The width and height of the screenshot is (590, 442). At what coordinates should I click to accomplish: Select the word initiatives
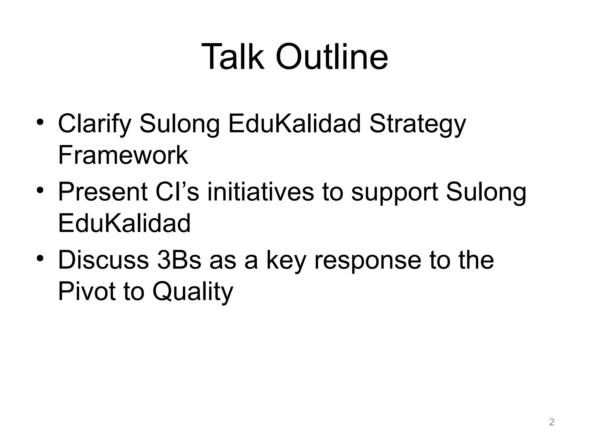[260, 192]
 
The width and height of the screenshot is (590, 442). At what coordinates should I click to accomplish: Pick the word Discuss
[103, 260]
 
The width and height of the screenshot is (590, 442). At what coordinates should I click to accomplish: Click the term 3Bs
[179, 260]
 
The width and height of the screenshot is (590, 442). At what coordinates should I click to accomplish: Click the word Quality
[192, 292]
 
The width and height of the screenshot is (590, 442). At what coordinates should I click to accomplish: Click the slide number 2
[551, 422]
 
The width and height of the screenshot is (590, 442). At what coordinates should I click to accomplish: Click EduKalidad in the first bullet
[294, 124]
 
